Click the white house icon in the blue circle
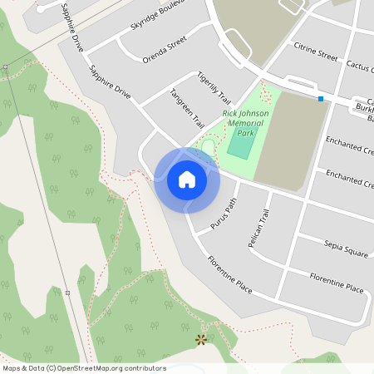click(x=186, y=180)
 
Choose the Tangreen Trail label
click(x=186, y=108)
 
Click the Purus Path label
click(x=224, y=214)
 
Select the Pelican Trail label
click(x=259, y=229)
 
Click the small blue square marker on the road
click(x=320, y=99)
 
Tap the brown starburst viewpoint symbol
click(x=200, y=339)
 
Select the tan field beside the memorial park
click(x=291, y=141)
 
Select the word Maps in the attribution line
click(x=12, y=368)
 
